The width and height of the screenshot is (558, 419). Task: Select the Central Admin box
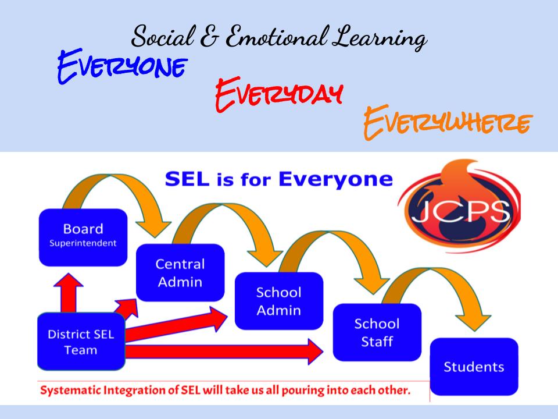point(180,272)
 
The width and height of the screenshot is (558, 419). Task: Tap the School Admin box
point(278,300)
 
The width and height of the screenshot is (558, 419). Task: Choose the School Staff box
point(377,332)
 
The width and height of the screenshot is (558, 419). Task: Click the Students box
point(474,367)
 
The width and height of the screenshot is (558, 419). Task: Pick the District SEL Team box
point(81,342)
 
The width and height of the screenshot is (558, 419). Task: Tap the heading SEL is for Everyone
point(278,179)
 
